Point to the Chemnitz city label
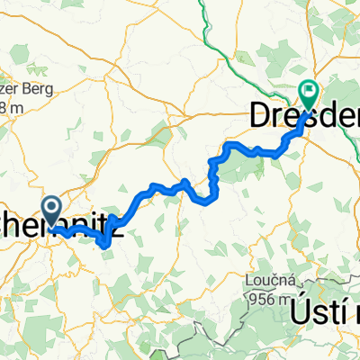(x=63, y=230)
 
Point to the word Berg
(x=40, y=89)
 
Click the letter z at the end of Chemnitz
(x=117, y=230)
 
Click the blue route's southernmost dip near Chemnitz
(x=106, y=242)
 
